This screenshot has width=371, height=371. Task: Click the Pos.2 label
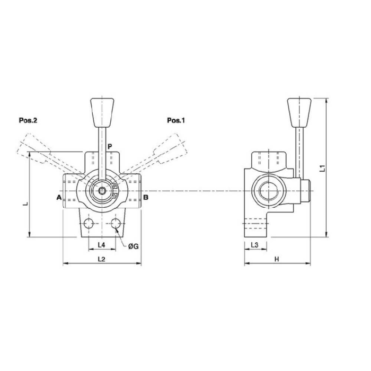[28, 120]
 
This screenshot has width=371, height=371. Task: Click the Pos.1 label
[176, 120]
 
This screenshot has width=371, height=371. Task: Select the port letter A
[59, 198]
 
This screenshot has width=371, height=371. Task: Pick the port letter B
[146, 198]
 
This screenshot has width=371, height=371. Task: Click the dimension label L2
[102, 259]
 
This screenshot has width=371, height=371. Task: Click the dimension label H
[277, 259]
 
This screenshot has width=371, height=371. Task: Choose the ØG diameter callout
[134, 246]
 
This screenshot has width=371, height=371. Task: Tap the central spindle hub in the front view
[101, 190]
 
